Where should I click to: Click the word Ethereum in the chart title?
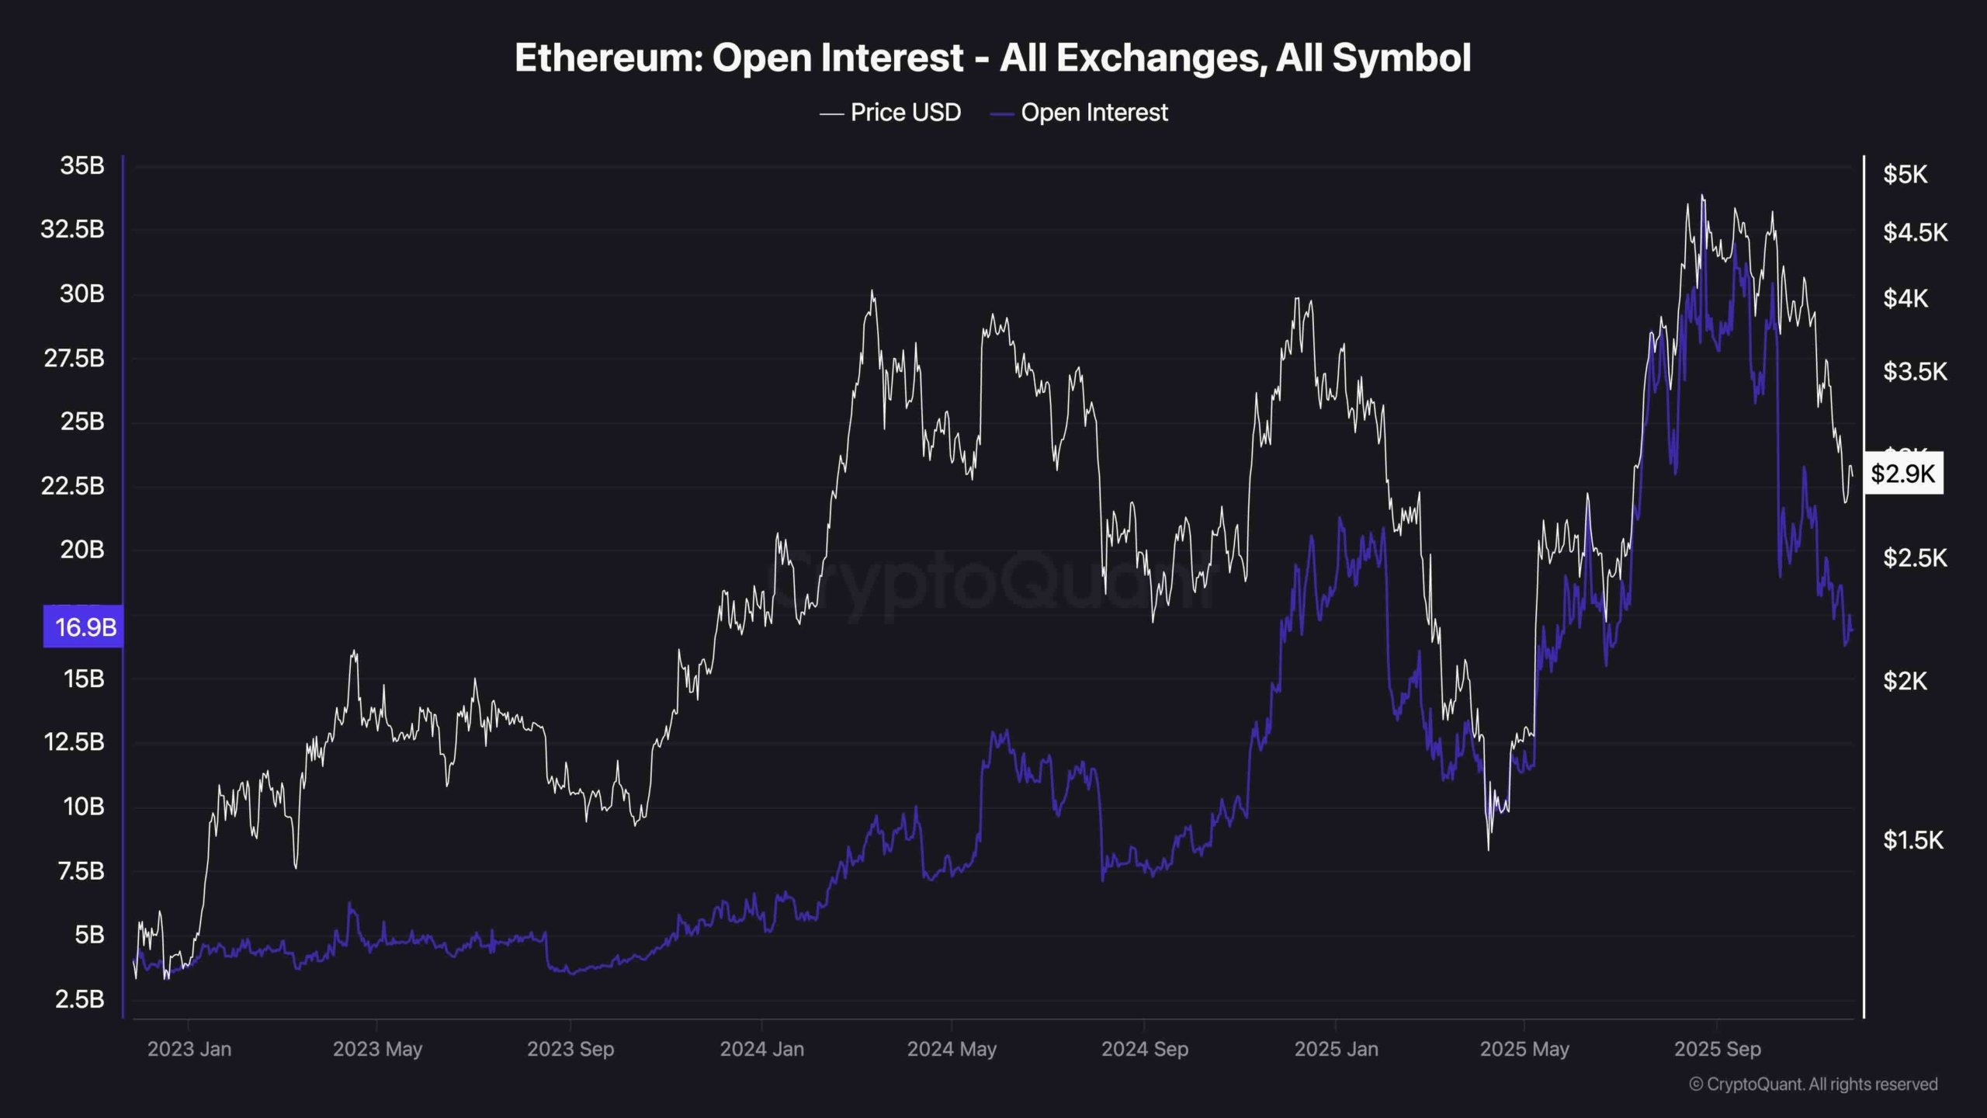(x=606, y=58)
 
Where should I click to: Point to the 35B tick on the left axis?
(x=82, y=165)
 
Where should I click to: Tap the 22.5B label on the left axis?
(x=73, y=485)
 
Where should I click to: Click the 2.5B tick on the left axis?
(x=80, y=998)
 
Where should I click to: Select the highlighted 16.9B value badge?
(x=84, y=627)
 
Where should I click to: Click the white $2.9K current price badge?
(x=1902, y=474)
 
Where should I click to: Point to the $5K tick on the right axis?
(x=1905, y=175)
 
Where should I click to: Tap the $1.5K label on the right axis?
(x=1912, y=839)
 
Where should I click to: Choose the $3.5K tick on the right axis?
(x=1914, y=372)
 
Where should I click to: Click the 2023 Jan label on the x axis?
(x=189, y=1049)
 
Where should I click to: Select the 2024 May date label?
(x=952, y=1049)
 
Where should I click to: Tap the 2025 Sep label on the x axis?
(x=1717, y=1049)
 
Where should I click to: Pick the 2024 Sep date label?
(x=1144, y=1049)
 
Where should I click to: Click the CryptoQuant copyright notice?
(x=1813, y=1085)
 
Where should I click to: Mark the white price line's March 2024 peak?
(x=872, y=292)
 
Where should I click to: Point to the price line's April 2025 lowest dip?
(x=1488, y=849)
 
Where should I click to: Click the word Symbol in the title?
(x=1402, y=58)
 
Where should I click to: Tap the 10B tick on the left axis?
(x=84, y=807)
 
